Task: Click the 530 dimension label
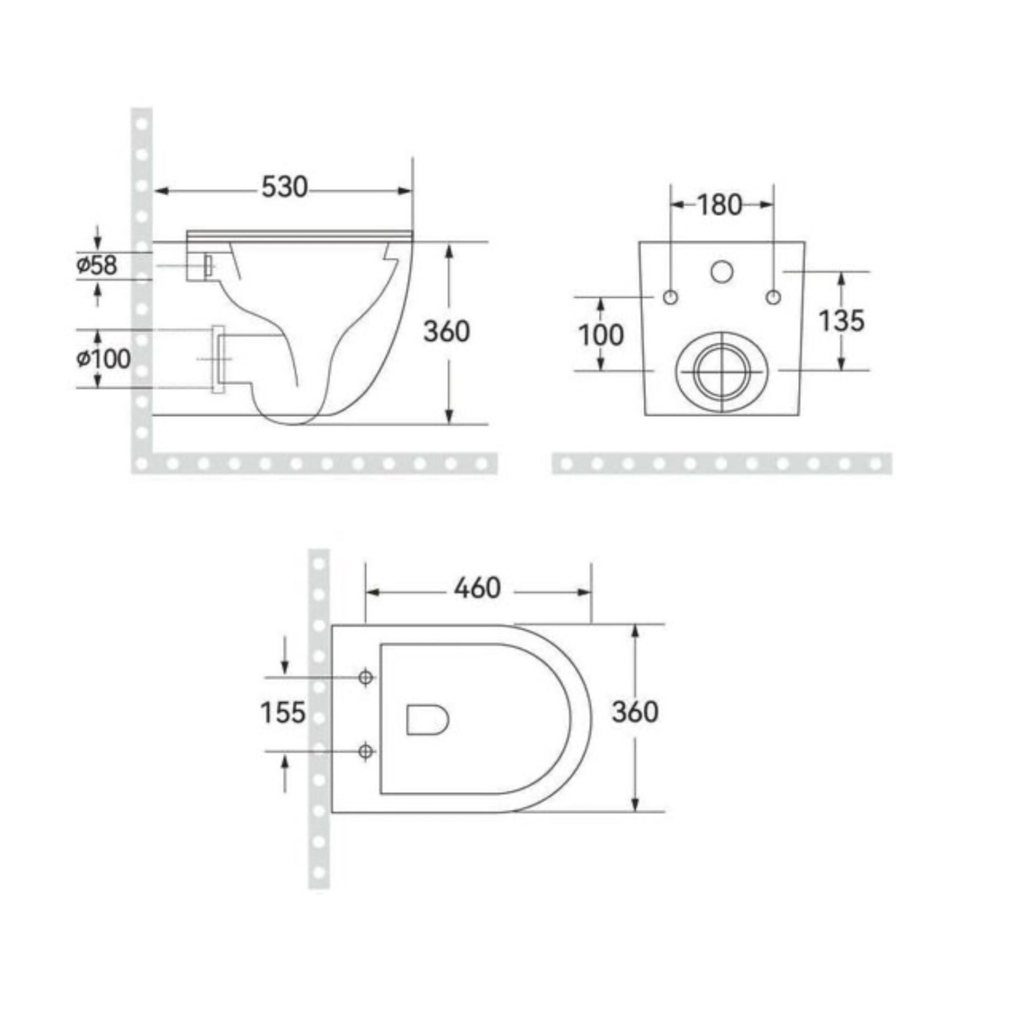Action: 284,187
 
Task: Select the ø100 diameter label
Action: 103,359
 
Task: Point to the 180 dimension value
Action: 719,205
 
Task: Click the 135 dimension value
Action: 841,320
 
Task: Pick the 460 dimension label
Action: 478,588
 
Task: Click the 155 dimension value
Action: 283,712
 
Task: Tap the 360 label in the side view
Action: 447,332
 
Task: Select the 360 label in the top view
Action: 635,712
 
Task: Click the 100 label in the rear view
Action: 601,335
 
